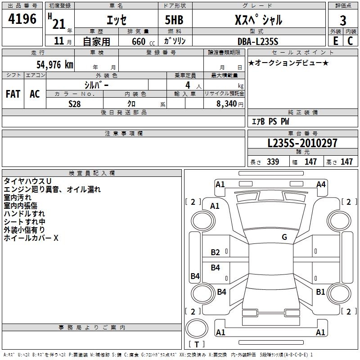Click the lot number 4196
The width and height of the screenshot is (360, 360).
tap(22, 20)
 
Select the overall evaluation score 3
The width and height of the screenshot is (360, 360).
tap(343, 21)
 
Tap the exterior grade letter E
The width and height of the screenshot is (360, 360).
tap(335, 40)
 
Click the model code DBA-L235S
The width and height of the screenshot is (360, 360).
tap(258, 41)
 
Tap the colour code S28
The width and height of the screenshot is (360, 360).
tap(75, 104)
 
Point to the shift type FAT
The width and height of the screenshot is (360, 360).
tap(13, 94)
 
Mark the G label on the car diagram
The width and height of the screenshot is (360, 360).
tap(284, 237)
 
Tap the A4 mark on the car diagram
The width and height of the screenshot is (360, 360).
tap(321, 184)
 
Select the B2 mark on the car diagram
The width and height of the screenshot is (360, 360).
tap(216, 252)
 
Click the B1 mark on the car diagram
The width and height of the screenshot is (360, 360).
tap(320, 292)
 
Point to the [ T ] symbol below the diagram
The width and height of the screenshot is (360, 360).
tap(196, 344)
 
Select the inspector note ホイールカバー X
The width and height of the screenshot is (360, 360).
tap(31, 238)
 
